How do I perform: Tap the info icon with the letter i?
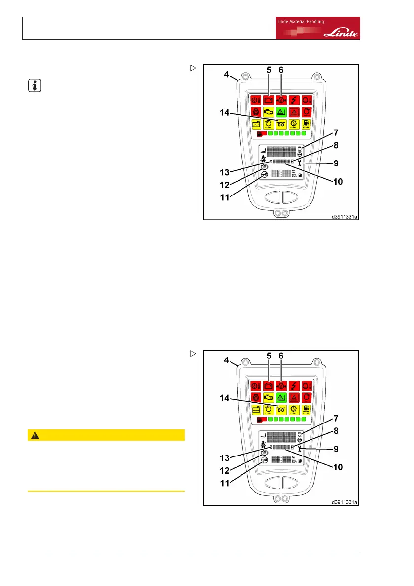(x=33, y=86)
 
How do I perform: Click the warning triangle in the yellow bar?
(x=35, y=435)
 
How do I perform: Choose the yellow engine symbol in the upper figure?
(x=268, y=112)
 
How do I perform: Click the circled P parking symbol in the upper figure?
(x=265, y=167)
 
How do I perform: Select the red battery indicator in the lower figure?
(x=268, y=385)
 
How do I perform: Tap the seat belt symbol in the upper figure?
(x=264, y=158)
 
